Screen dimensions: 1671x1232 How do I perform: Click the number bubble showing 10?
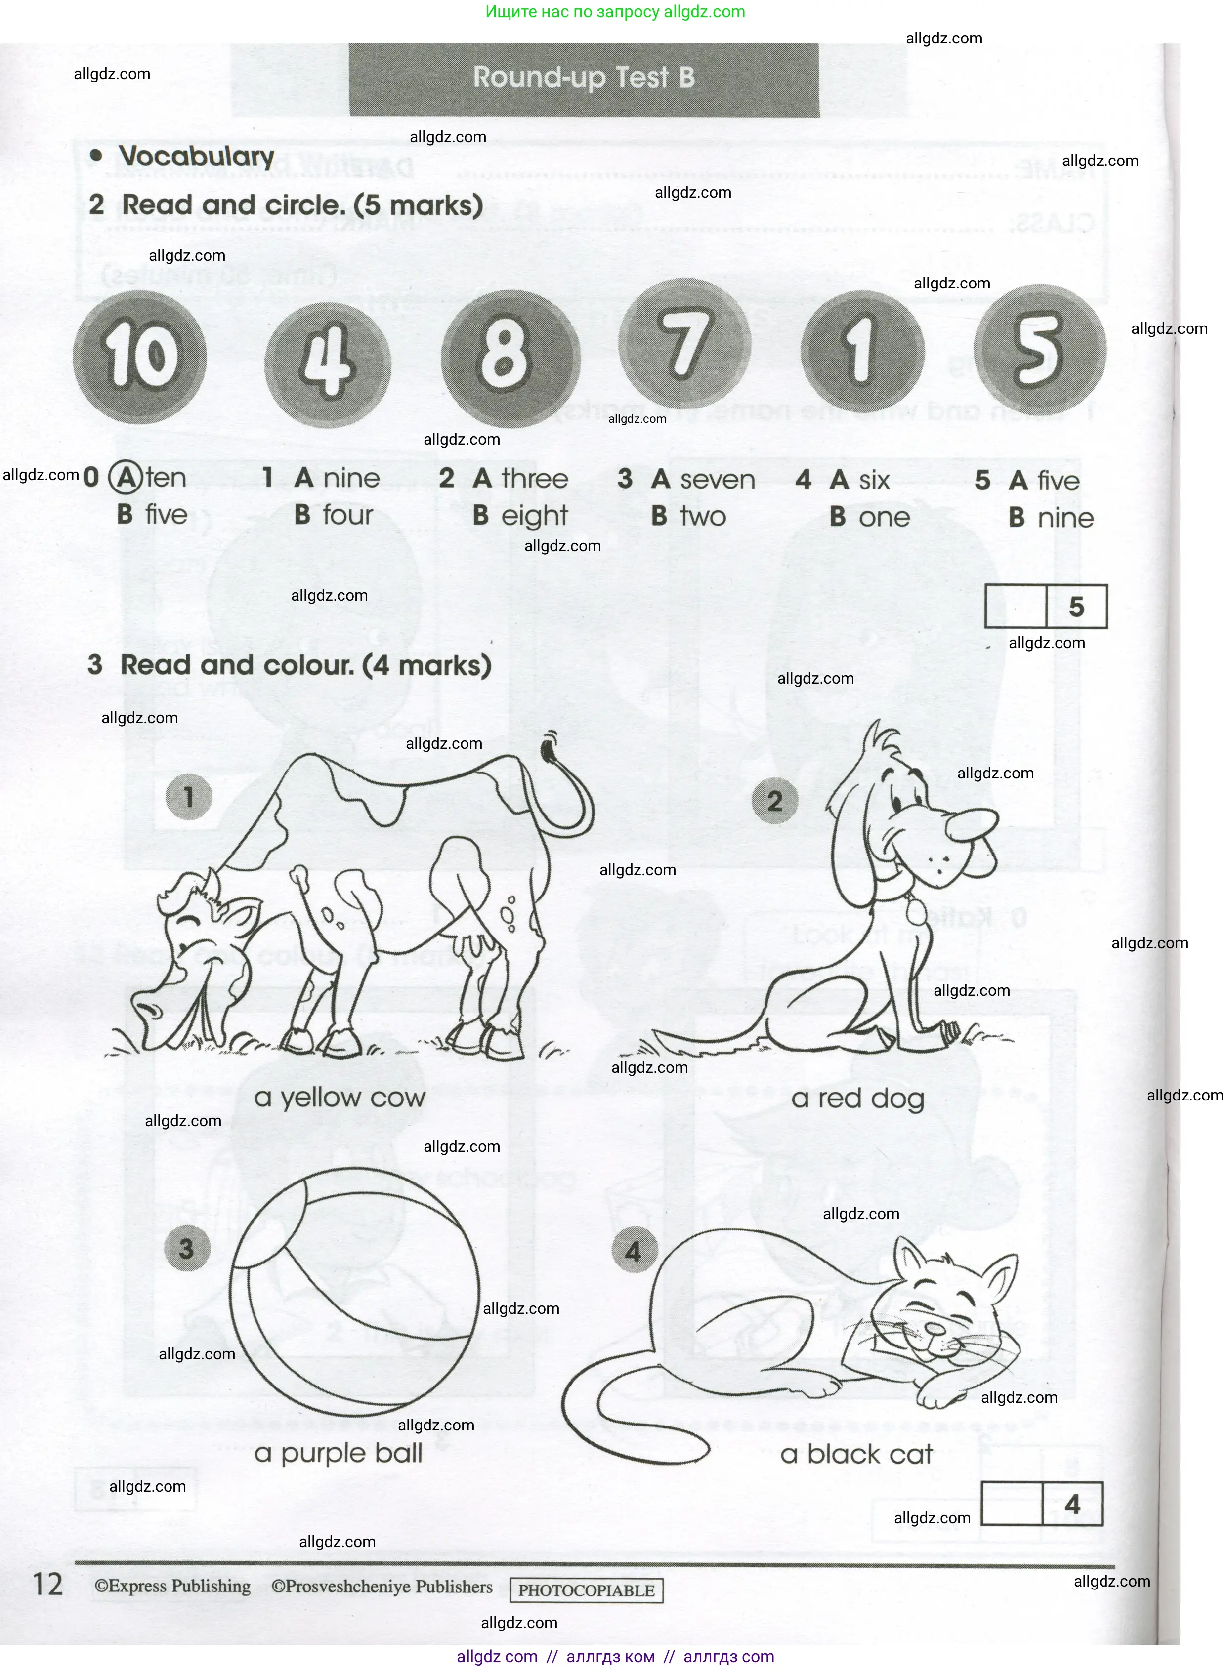(x=139, y=356)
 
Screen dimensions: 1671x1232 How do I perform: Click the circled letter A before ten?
(x=126, y=477)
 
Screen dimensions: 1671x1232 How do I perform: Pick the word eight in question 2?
(x=534, y=516)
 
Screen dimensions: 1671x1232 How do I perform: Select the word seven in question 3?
(x=718, y=479)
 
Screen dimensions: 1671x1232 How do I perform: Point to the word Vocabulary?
(x=197, y=157)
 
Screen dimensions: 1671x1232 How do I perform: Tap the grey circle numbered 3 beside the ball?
(x=186, y=1248)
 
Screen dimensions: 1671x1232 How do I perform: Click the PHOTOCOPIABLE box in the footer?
(x=586, y=1590)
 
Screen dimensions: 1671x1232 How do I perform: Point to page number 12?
(x=48, y=1584)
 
